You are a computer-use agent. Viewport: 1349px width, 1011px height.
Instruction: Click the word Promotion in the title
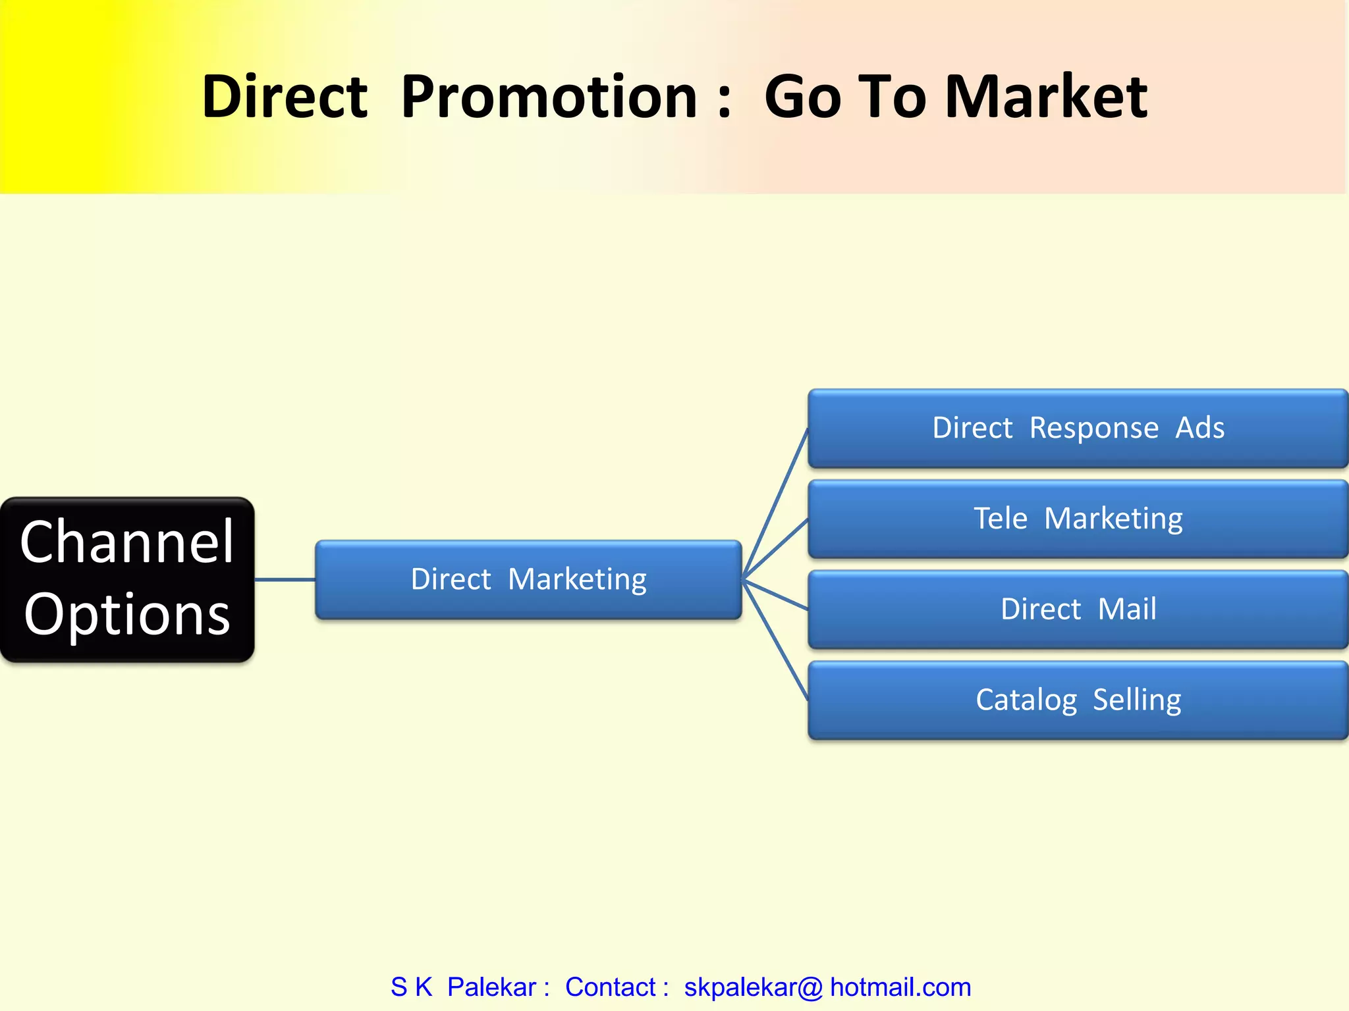(x=549, y=97)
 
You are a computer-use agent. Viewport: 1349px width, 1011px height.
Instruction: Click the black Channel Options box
(x=127, y=579)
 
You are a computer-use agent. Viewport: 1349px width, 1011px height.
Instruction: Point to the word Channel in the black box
(x=127, y=542)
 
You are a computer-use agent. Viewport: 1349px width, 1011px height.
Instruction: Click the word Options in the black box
(x=127, y=614)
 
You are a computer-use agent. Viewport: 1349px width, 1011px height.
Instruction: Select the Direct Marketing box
(x=528, y=579)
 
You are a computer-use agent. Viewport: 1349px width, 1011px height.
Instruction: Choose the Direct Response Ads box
(x=1078, y=428)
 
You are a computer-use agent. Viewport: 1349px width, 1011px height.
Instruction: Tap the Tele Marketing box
(x=1078, y=519)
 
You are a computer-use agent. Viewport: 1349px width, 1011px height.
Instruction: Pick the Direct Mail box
(x=1078, y=609)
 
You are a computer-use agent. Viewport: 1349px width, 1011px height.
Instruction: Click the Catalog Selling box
(x=1078, y=700)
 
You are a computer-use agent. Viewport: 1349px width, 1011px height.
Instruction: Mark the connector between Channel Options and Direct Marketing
(x=285, y=580)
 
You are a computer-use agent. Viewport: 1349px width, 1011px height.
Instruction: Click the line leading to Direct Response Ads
(x=775, y=504)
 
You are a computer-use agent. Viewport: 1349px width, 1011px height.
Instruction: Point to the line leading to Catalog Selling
(x=775, y=639)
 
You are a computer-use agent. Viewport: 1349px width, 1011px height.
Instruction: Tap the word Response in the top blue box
(x=1093, y=428)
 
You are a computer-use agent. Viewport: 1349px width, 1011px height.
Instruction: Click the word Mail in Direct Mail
(x=1127, y=609)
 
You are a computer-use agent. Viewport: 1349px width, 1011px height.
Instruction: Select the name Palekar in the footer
(x=491, y=987)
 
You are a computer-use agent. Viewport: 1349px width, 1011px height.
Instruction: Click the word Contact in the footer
(x=610, y=987)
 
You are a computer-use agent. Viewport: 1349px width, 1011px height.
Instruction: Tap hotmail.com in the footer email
(x=900, y=987)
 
